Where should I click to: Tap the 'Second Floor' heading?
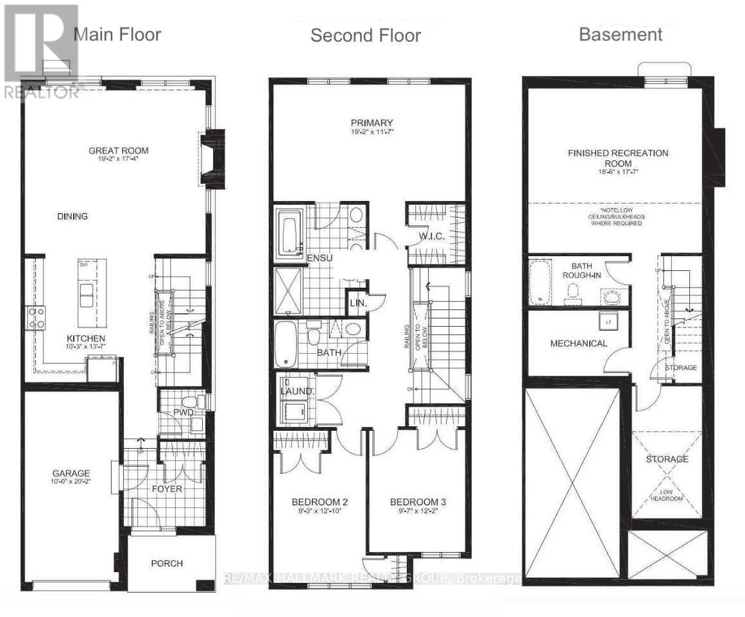(365, 35)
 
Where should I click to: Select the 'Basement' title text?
(621, 34)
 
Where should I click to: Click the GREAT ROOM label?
(118, 151)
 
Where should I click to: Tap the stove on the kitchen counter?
(35, 317)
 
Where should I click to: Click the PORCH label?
(167, 563)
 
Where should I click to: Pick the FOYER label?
(167, 489)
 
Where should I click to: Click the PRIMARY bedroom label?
(372, 123)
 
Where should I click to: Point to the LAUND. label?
(296, 390)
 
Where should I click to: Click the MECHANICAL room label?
(578, 343)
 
